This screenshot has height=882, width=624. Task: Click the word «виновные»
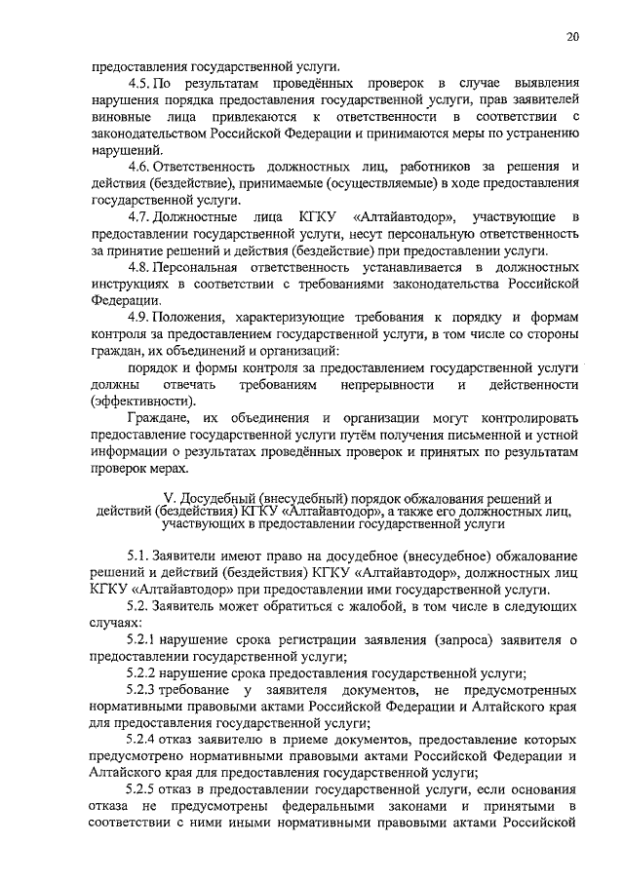[x=120, y=117]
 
